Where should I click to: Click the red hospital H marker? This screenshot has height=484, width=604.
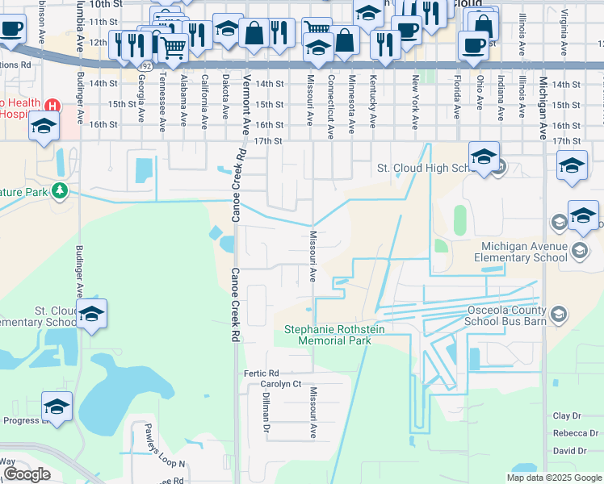(52, 106)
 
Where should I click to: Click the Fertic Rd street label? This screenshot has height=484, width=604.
(261, 373)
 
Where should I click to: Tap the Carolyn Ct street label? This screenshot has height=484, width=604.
(280, 384)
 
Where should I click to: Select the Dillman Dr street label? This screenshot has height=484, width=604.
(264, 416)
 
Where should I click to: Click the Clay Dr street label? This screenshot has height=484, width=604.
(567, 415)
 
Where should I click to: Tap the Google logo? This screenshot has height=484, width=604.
(27, 474)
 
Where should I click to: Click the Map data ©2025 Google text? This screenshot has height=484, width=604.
(554, 478)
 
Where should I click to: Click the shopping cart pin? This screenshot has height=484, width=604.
(173, 48)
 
